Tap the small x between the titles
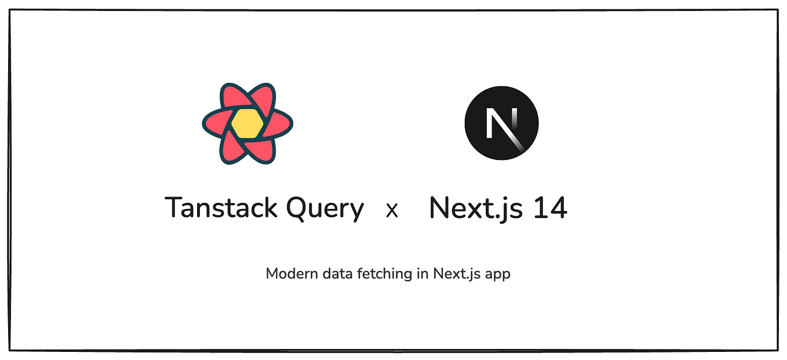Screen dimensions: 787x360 392,210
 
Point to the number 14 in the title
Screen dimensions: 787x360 549,208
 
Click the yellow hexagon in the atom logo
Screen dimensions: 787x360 247,123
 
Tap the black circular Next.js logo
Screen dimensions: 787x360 501,123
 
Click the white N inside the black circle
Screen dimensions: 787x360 500,122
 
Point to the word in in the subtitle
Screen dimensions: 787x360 422,274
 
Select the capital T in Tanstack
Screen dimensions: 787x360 174,207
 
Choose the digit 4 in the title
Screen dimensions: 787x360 558,208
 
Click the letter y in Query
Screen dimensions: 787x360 355,211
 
